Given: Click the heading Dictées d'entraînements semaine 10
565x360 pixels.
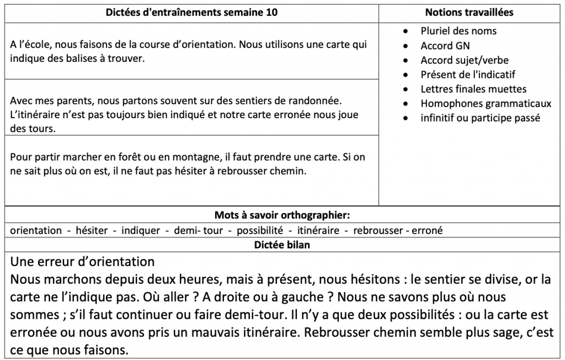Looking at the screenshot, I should tap(191, 12).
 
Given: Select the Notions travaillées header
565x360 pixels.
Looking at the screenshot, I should tap(471, 12).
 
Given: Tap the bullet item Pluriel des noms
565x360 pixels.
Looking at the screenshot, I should tap(458, 31).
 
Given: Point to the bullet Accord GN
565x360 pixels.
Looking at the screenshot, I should tap(445, 46).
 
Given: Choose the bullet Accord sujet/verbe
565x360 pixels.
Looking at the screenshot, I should tap(464, 60).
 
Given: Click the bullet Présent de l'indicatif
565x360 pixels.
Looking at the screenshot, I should tap(467, 75).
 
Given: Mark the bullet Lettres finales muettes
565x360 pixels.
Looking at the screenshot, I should tap(473, 89).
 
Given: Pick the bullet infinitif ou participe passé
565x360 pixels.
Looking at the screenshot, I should tap(480, 118).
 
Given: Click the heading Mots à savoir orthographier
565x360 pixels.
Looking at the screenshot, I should tap(282, 215).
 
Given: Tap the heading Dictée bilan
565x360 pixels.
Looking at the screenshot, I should tap(282, 245).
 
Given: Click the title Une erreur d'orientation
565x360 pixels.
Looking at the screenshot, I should tap(82, 261).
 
